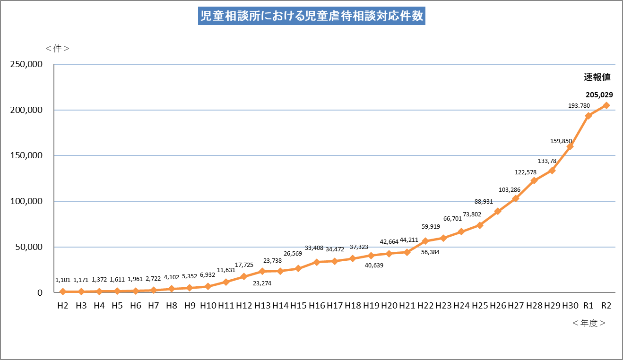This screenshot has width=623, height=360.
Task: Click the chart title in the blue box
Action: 311,16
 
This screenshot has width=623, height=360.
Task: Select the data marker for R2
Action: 606,105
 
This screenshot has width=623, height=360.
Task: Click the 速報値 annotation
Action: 597,77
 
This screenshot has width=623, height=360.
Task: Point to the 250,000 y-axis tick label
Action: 26,64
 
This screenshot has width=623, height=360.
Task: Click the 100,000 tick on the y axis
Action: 26,201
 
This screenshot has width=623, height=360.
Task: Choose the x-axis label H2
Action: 62,306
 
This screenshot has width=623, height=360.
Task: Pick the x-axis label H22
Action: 425,306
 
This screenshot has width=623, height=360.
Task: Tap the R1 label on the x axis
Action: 588,306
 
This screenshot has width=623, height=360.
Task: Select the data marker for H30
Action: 570,146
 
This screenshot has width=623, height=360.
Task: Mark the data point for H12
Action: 244,276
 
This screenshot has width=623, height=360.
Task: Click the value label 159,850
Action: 561,141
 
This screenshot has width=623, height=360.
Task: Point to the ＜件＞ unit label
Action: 58,49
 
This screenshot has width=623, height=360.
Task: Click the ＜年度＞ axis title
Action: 588,323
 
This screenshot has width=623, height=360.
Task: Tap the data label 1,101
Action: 63,280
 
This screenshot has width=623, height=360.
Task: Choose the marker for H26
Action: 498,211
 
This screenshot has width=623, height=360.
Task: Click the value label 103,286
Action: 510,190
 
